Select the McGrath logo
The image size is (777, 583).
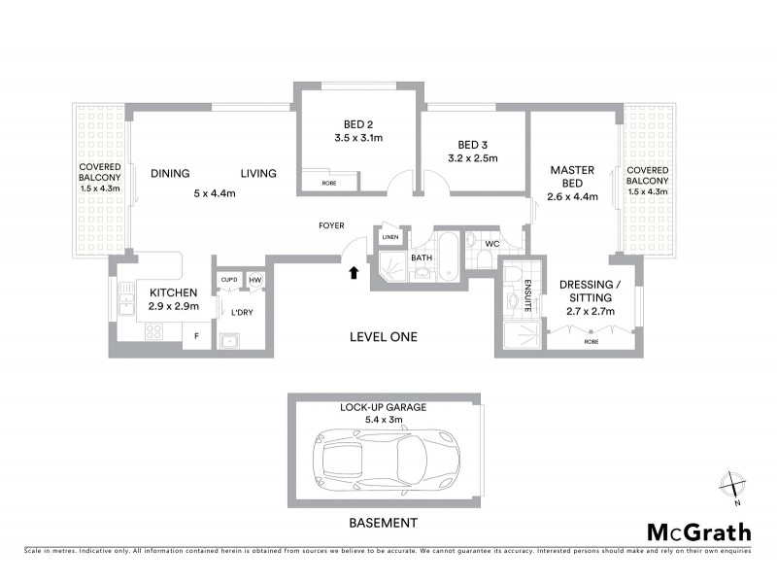coord(698,532)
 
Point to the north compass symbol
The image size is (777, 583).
coord(732,487)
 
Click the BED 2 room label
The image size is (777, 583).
coord(358,124)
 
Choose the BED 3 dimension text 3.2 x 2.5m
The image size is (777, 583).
coord(472,157)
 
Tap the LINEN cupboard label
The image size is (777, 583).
coord(389,237)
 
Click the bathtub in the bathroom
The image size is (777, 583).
coord(449,256)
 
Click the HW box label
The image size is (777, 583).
coord(255,280)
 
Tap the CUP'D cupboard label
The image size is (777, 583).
coord(229,280)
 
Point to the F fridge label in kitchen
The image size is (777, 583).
coord(197,337)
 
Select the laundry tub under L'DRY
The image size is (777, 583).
coord(230,340)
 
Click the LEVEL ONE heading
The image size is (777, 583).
coord(384,337)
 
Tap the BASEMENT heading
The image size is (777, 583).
coord(383,523)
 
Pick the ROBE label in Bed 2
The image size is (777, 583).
coord(316,182)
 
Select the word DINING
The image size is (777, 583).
coord(170,174)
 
